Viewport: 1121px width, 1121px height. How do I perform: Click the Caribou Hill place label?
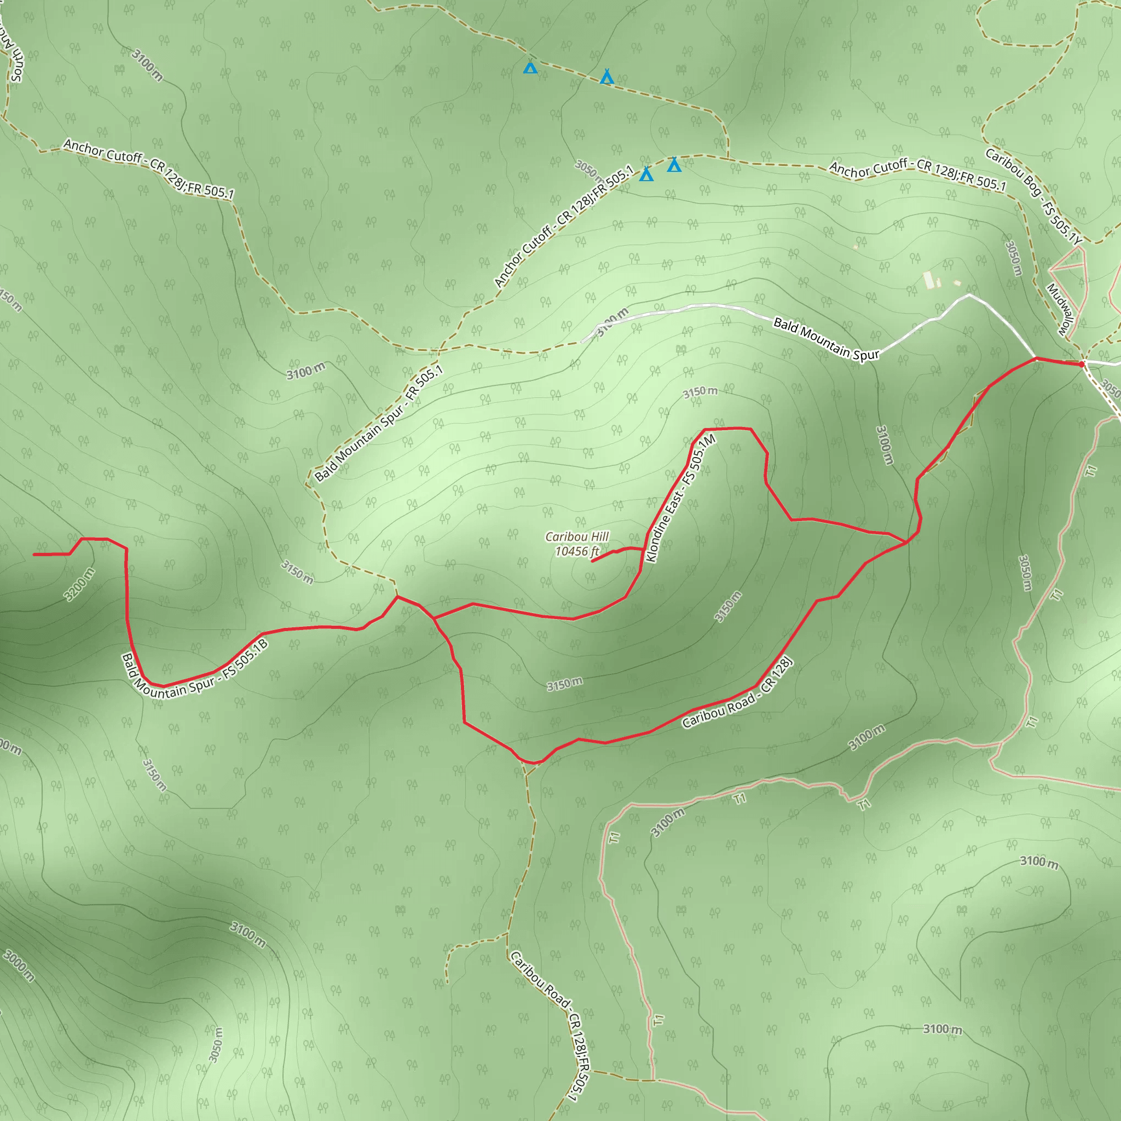point(577,537)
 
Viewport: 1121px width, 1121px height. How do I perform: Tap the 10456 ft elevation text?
point(577,551)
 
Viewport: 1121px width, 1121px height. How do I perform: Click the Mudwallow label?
point(1061,309)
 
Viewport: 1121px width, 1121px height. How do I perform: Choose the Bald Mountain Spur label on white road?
point(826,340)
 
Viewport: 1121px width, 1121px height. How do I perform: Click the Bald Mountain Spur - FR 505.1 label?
point(378,424)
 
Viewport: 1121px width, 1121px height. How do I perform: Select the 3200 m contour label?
point(79,584)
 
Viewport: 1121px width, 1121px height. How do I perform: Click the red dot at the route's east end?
point(1082,364)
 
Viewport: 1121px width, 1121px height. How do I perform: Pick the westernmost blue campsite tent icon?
point(530,68)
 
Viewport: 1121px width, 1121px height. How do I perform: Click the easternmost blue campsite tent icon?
point(674,165)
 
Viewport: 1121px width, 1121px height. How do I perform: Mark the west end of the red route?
point(35,554)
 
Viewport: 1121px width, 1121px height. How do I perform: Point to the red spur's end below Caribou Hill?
point(592,561)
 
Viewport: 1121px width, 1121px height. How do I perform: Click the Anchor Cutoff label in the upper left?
point(148,168)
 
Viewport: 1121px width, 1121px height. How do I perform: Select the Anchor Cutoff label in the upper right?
point(917,174)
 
